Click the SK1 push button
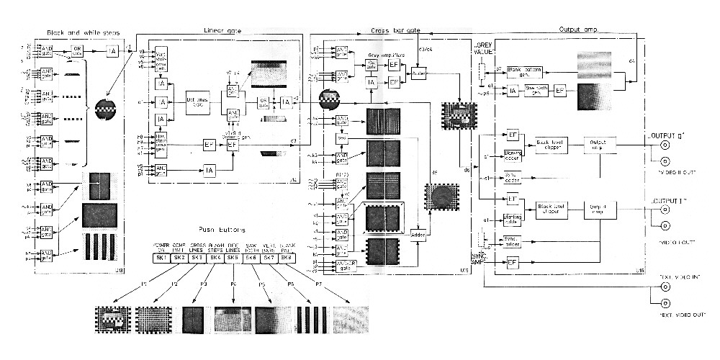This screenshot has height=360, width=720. click(160, 258)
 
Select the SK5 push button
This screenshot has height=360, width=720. click(233, 258)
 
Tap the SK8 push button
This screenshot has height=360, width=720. click(287, 258)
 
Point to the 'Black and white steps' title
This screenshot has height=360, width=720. click(83, 33)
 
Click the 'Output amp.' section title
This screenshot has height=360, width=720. click(583, 30)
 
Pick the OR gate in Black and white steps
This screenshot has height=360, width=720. click(78, 50)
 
